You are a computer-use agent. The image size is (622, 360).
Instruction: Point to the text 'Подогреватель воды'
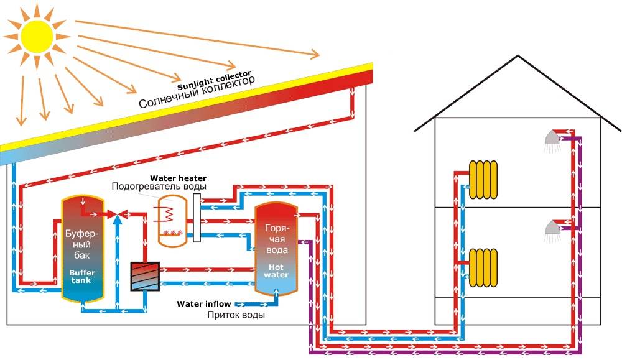(x=159, y=187)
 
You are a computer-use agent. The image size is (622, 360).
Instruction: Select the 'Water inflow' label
(x=203, y=304)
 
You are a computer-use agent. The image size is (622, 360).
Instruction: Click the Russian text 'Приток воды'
(x=236, y=315)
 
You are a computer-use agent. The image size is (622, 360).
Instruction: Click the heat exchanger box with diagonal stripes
(x=145, y=275)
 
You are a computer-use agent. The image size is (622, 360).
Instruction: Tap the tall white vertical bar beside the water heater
(x=197, y=218)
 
